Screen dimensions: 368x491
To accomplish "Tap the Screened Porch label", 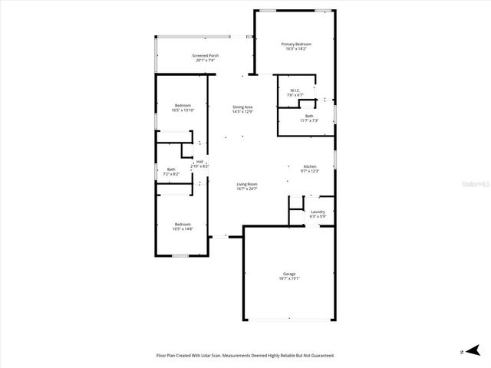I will pyautogui.click(x=205, y=55).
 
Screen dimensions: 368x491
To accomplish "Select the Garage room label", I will pyautogui.click(x=288, y=274).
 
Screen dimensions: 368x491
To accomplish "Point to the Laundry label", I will pyautogui.click(x=318, y=212).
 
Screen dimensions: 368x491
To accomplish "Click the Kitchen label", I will pyautogui.click(x=310, y=166).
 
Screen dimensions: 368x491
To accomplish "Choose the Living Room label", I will pyautogui.click(x=246, y=184).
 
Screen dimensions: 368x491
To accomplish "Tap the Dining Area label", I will pyautogui.click(x=242, y=107).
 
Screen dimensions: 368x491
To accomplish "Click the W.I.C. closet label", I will pyautogui.click(x=295, y=90).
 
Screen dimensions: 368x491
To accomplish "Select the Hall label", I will pyautogui.click(x=199, y=161).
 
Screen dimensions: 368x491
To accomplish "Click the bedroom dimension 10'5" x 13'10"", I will pyautogui.click(x=183, y=110).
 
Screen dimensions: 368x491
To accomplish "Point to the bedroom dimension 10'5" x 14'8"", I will pyautogui.click(x=183, y=228).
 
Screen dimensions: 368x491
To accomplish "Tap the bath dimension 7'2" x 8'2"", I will pyautogui.click(x=170, y=174).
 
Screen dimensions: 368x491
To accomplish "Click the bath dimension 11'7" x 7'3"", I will pyautogui.click(x=308, y=120).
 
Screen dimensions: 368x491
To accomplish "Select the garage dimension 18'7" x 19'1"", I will pyautogui.click(x=288, y=278).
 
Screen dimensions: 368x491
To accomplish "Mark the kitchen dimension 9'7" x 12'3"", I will pyautogui.click(x=310, y=171).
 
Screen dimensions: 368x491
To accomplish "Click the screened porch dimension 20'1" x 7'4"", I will pyautogui.click(x=205, y=60).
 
